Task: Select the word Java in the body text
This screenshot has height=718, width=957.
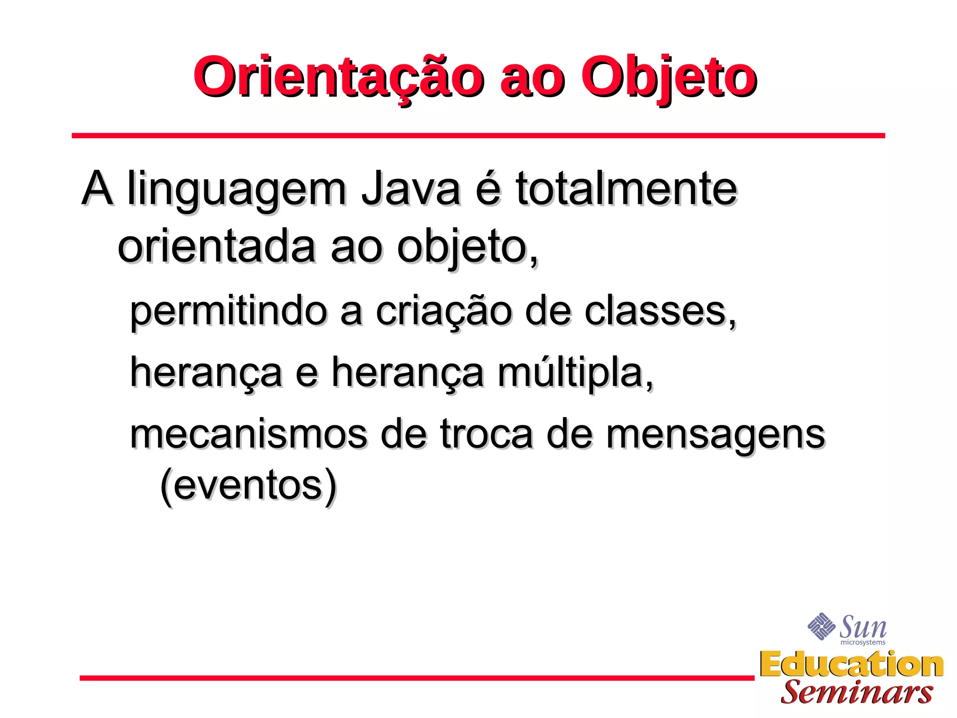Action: click(411, 189)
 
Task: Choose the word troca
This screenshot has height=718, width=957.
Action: click(486, 434)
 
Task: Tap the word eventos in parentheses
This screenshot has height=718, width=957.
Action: click(248, 486)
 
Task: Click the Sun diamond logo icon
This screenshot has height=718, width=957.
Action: click(821, 626)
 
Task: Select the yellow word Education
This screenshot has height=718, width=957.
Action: click(851, 664)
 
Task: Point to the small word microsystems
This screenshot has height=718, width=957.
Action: click(863, 643)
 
